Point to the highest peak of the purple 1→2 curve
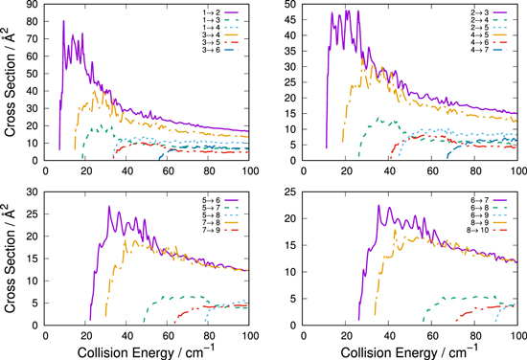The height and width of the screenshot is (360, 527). click(64, 21)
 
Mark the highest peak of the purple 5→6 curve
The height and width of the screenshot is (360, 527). click(109, 206)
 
